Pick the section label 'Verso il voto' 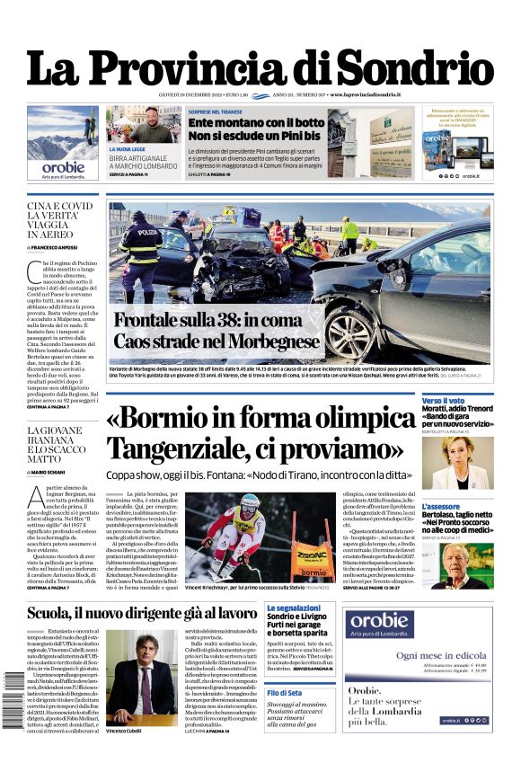444,401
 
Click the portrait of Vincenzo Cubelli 140,676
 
